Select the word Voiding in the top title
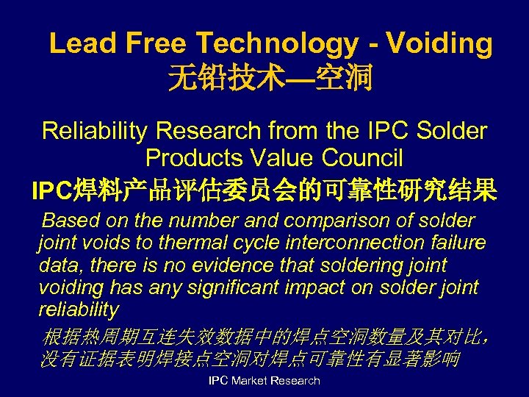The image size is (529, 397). click(x=439, y=44)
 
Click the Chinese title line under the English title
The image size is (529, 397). click(x=270, y=78)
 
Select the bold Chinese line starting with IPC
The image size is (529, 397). click(x=264, y=190)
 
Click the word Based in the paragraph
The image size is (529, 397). click(x=68, y=221)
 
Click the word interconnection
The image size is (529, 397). click(x=323, y=243)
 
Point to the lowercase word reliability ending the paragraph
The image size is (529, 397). click(x=78, y=309)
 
